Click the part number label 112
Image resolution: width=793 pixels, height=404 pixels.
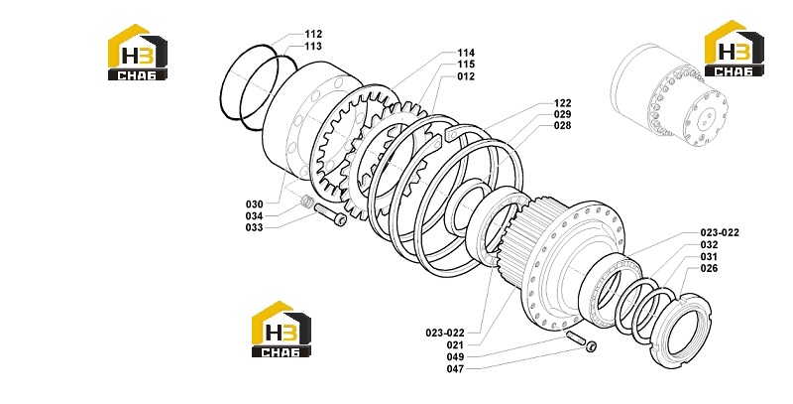(x=313, y=35)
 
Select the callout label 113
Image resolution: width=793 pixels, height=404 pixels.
(x=313, y=46)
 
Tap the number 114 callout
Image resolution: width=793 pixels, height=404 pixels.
(x=466, y=53)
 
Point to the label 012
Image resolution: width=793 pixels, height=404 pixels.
(x=466, y=76)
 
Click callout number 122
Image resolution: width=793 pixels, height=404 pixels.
(x=562, y=103)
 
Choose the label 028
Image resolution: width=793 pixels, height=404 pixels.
(x=562, y=125)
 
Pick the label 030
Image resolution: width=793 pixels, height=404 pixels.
(x=255, y=204)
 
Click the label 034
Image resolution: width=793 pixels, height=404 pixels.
(x=255, y=216)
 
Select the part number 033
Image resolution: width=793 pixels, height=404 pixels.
(x=255, y=228)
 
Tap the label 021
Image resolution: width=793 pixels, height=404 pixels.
(x=455, y=345)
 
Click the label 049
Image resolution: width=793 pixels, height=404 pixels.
(x=455, y=357)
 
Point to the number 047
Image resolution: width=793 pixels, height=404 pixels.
(x=455, y=369)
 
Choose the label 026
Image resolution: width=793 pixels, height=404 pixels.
(x=709, y=268)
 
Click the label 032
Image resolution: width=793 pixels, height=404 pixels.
(x=709, y=244)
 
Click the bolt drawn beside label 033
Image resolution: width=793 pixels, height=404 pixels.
(x=331, y=214)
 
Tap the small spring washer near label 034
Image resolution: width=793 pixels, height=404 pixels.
(x=305, y=202)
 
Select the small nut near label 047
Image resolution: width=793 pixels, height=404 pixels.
(x=591, y=346)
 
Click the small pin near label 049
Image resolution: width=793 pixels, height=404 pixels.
(x=575, y=337)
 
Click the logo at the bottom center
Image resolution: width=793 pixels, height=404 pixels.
(x=282, y=330)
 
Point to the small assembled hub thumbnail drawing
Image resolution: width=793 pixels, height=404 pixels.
(x=668, y=95)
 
